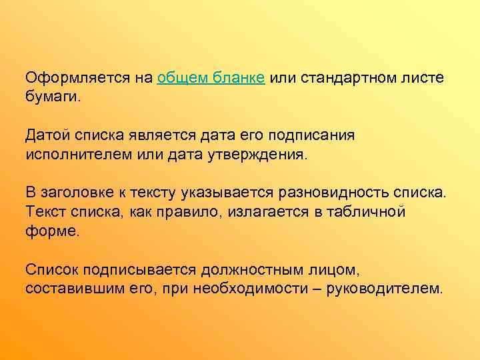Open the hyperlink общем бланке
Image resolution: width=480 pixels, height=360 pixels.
(x=212, y=79)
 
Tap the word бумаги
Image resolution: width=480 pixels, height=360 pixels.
(x=52, y=98)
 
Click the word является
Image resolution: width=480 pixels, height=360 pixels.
(x=165, y=137)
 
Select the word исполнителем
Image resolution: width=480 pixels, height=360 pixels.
(x=75, y=155)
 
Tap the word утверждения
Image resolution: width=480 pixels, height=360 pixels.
(x=262, y=155)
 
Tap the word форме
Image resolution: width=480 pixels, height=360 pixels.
(x=52, y=232)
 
